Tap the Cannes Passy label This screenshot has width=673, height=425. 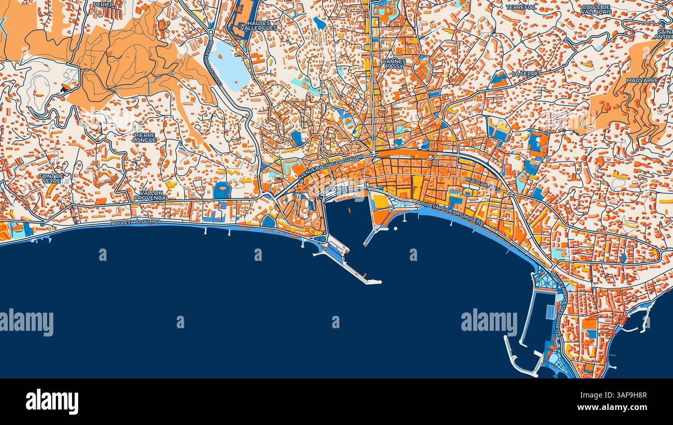[394, 64]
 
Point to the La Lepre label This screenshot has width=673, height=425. [525, 74]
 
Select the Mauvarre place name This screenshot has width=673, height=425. [642, 81]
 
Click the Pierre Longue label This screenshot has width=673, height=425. [144, 137]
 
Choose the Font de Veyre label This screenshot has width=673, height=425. [51, 179]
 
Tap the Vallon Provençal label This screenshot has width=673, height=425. [151, 195]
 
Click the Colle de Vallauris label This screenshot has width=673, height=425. [596, 9]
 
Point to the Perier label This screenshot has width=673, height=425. [103, 4]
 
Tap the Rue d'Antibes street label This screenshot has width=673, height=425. [482, 184]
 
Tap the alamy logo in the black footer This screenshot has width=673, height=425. [52, 401]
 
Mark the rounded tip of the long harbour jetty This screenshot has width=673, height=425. [379, 282]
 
